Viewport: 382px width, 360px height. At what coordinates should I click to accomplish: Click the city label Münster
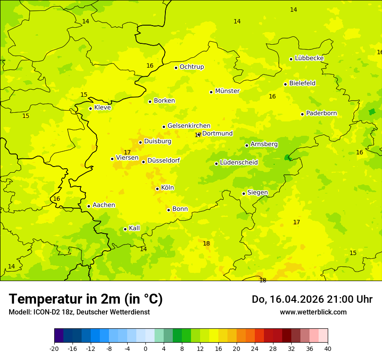pos(227,91)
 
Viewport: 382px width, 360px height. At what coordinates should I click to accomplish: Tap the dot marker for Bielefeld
pos(286,84)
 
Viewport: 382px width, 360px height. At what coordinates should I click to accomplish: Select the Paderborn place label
pos(321,113)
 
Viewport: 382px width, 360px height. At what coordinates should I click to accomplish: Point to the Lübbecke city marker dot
pos(291,59)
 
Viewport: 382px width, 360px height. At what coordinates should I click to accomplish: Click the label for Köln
pos(167,188)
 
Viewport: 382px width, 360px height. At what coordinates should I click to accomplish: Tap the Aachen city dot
pos(89,206)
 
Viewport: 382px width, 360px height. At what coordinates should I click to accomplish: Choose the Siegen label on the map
pos(257,193)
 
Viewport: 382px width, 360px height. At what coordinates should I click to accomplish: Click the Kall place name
pos(134,228)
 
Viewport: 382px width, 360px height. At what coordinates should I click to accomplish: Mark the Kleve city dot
pos(91,108)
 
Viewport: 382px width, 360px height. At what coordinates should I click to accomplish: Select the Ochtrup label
pos(191,67)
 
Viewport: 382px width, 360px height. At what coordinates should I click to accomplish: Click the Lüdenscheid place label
pos(239,163)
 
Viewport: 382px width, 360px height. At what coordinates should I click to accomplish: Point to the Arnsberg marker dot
pos(247,145)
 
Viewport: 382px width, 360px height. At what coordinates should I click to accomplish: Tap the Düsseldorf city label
pos(164,160)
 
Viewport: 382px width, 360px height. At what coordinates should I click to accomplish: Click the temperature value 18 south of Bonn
pos(206,243)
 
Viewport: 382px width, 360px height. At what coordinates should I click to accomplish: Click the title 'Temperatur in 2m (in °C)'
pos(86,299)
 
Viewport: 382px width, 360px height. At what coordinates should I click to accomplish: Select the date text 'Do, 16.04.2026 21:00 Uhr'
pos(312,299)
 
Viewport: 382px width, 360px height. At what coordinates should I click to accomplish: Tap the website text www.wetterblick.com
pos(313,312)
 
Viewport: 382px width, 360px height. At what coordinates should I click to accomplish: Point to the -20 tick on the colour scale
pos(54,348)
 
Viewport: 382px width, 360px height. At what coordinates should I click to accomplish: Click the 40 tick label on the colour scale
pos(328,348)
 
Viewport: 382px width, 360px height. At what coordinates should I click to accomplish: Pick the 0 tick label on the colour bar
pos(145,348)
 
